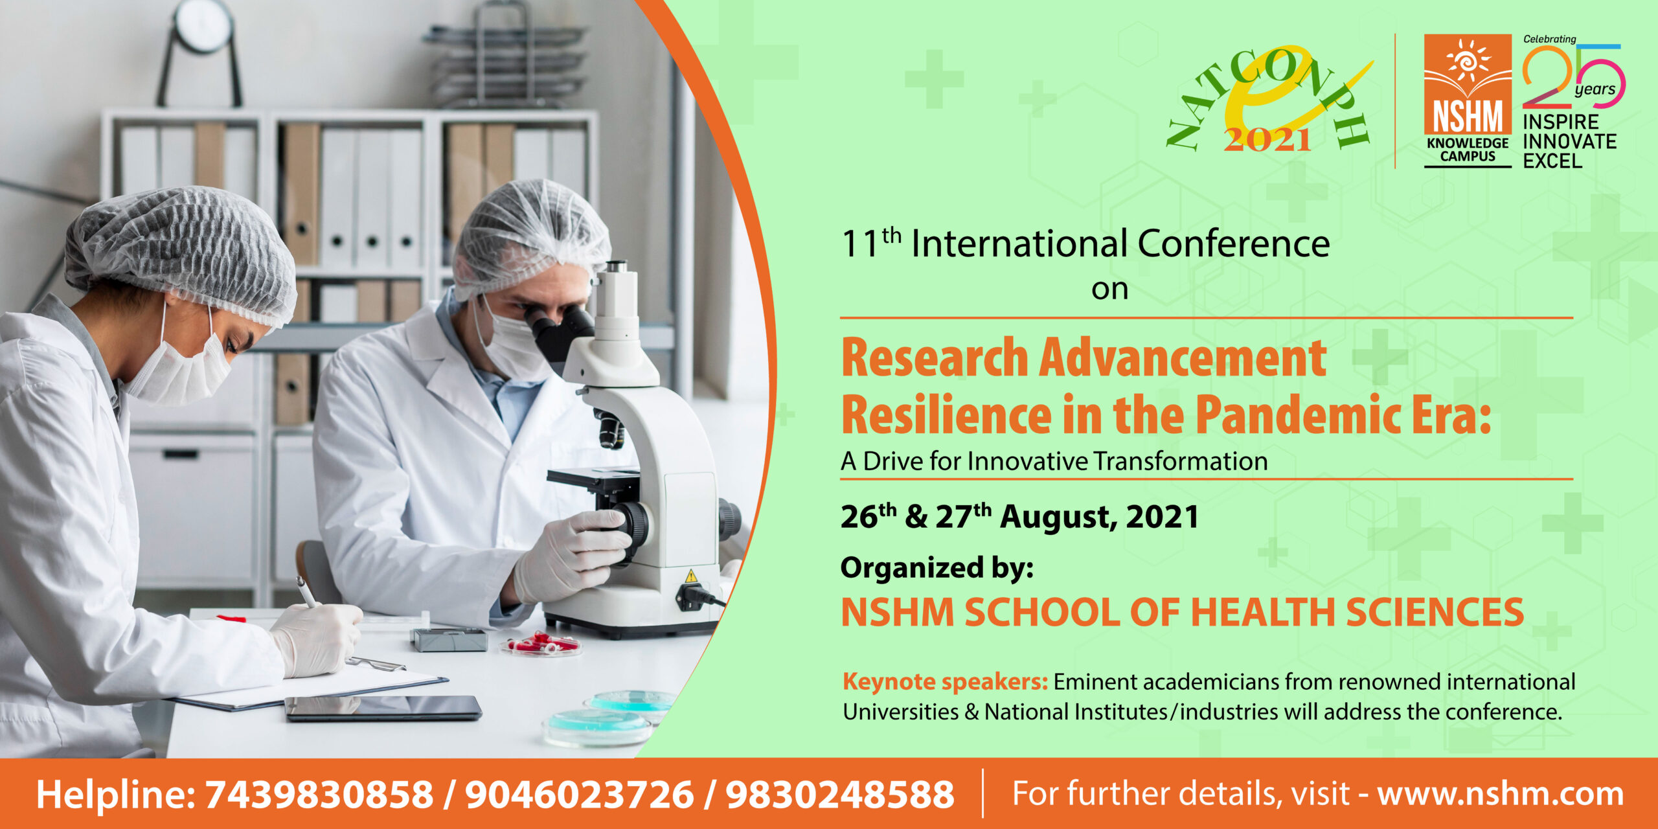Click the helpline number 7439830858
click(x=319, y=795)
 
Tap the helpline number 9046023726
click(x=580, y=795)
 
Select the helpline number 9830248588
click(x=840, y=795)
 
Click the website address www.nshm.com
click(x=1501, y=795)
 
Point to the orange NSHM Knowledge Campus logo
click(x=1468, y=101)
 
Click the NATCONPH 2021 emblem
click(x=1269, y=100)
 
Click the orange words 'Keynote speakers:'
click(x=945, y=682)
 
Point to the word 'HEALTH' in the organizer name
click(x=1262, y=612)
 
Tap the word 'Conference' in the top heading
click(x=1233, y=244)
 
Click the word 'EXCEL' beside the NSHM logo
click(x=1552, y=161)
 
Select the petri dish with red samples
click(x=541, y=644)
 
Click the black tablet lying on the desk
click(x=383, y=708)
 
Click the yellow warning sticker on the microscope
click(x=691, y=576)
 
